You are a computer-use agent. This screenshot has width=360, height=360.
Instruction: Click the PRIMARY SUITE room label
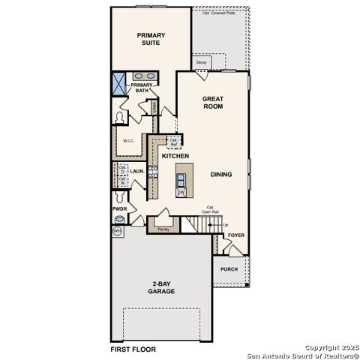(x=151, y=39)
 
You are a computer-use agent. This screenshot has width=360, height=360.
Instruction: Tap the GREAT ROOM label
(x=214, y=103)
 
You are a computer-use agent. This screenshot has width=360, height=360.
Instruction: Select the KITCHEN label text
(x=175, y=156)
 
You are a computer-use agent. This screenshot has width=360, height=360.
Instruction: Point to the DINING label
(x=221, y=175)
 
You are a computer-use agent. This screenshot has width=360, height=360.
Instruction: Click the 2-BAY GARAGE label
(x=161, y=287)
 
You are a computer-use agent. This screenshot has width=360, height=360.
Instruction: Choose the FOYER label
(x=236, y=235)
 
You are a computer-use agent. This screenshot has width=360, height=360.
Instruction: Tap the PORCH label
(x=229, y=268)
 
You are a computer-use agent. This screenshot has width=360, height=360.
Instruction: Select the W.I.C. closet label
(x=128, y=139)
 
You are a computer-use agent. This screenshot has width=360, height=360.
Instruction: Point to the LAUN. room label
(x=136, y=172)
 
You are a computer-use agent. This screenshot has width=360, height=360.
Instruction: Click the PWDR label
(x=118, y=208)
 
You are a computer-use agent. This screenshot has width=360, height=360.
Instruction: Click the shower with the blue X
(x=119, y=82)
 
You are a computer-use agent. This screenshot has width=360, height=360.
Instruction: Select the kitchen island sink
(x=181, y=178)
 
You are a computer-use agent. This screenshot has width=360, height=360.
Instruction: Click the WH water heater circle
(x=117, y=232)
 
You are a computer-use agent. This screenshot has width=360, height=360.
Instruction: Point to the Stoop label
(x=202, y=62)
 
